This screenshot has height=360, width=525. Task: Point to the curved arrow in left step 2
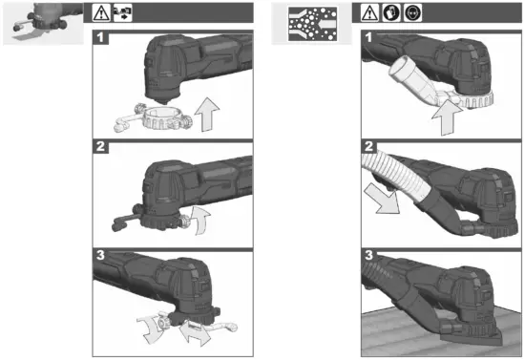199,221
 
